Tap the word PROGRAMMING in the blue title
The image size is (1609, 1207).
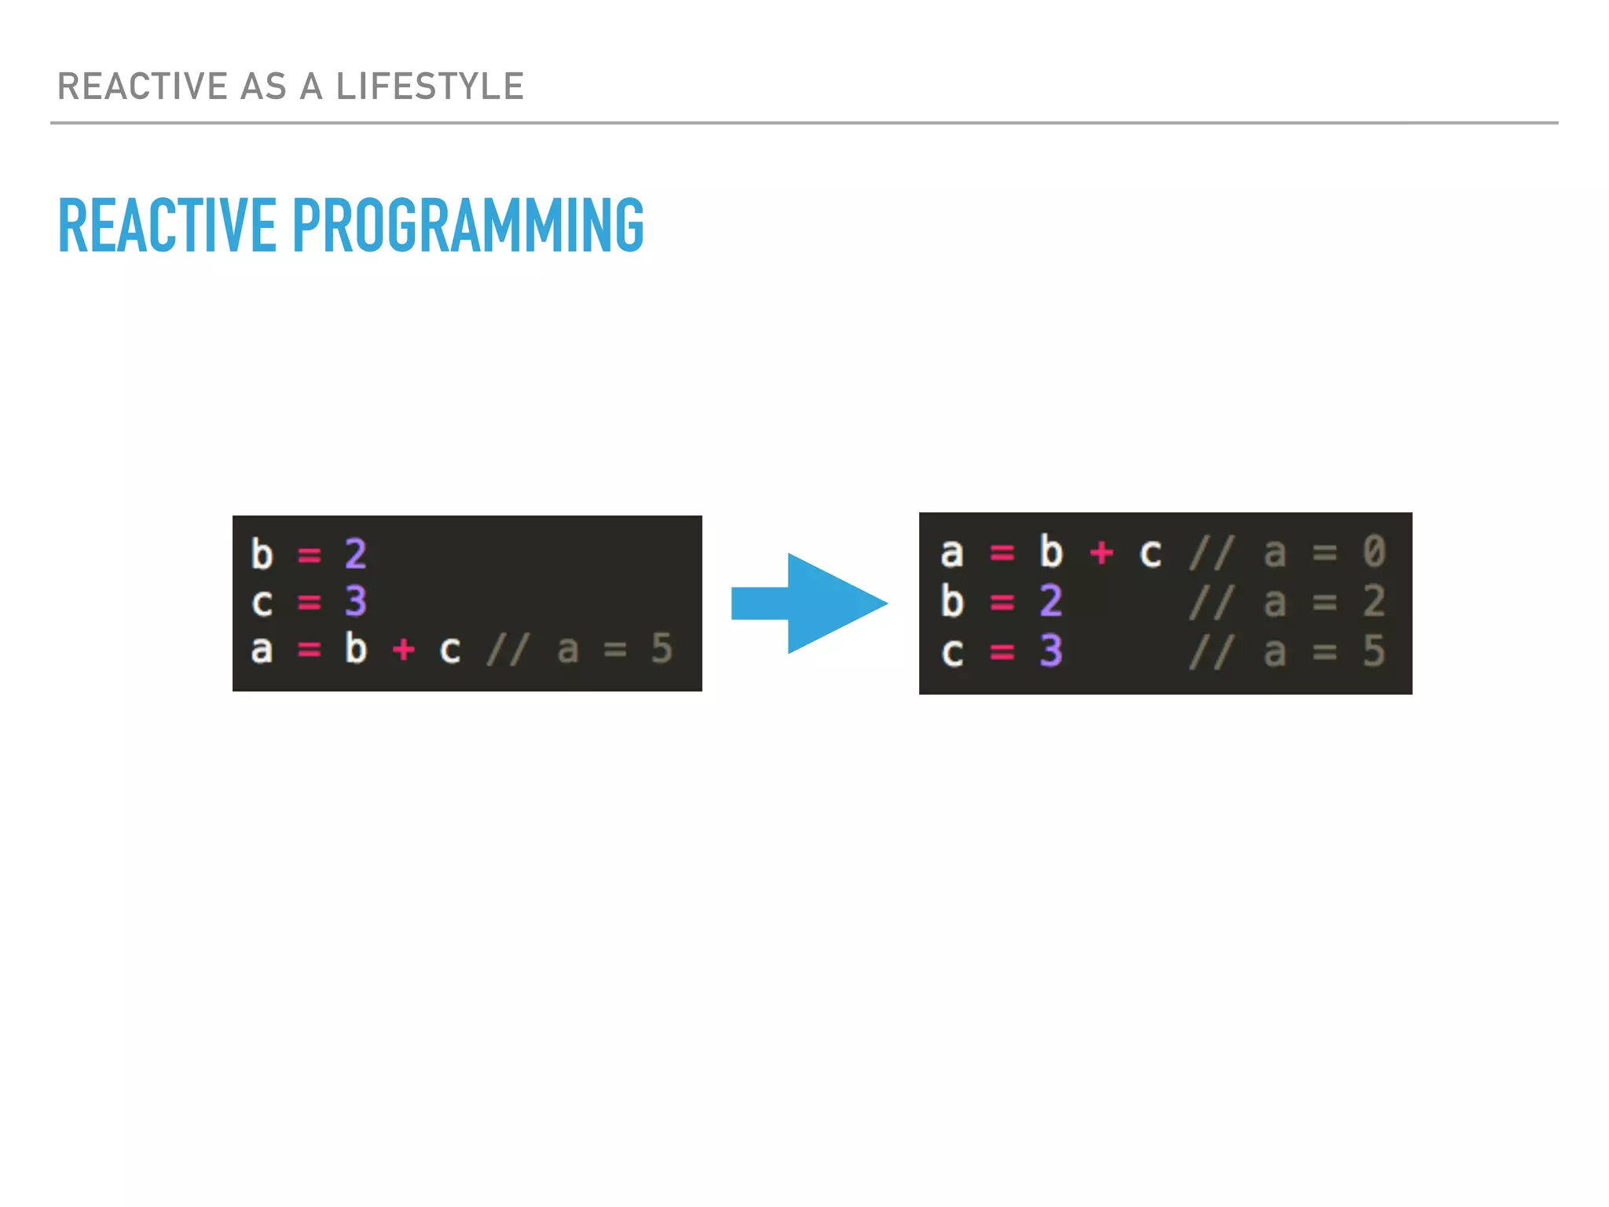[x=468, y=226]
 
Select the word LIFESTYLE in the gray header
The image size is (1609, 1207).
[x=430, y=86]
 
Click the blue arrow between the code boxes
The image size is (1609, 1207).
[x=809, y=603]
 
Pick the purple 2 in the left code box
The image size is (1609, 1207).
[x=356, y=554]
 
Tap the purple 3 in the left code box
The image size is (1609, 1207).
[x=356, y=602]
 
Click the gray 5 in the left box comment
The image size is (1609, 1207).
[x=662, y=649]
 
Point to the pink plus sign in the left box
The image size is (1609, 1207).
[x=403, y=650]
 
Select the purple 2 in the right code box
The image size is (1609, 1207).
[x=1051, y=601]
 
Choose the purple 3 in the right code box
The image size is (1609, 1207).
[x=1051, y=651]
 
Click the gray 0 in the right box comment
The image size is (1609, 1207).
[x=1374, y=552]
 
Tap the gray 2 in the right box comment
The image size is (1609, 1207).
[x=1374, y=601]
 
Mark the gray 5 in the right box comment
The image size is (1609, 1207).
[x=1374, y=651]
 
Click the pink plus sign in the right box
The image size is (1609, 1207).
[x=1101, y=552]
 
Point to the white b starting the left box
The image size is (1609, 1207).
[x=262, y=554]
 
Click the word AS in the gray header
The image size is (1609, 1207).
[x=263, y=86]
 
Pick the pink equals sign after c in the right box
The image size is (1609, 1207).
[x=1002, y=651]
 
